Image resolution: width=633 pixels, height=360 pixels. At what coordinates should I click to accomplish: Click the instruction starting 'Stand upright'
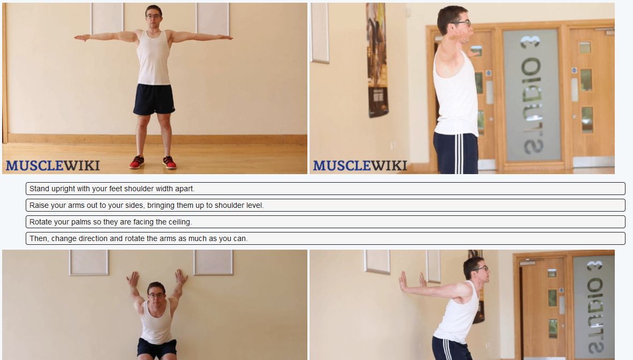coord(325,189)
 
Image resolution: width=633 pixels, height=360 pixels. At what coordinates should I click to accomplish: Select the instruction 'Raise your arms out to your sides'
coord(325,205)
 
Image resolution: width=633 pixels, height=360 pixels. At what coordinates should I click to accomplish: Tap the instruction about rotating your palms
coord(325,222)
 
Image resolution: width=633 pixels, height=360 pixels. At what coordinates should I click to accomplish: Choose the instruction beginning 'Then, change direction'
coord(325,238)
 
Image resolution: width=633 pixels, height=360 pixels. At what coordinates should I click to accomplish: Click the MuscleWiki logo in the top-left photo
coord(52,165)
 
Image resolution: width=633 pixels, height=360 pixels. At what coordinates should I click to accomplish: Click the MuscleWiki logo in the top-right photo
coord(360,165)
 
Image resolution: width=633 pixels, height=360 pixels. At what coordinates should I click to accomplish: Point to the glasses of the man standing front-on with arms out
coord(154,17)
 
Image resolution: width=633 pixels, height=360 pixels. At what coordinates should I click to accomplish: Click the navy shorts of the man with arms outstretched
coord(154,99)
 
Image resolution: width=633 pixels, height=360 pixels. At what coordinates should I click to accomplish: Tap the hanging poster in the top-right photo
coord(377,59)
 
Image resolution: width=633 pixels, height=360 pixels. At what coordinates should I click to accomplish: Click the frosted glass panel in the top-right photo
coord(531,94)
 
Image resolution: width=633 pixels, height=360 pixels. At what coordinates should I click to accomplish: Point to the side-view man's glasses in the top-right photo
coord(462,24)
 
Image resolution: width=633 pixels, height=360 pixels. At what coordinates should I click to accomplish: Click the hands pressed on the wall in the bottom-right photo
coord(411,280)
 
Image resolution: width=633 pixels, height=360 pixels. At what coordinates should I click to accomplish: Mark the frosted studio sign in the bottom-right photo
coord(593,305)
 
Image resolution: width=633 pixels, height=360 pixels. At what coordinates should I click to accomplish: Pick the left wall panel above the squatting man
coord(89,262)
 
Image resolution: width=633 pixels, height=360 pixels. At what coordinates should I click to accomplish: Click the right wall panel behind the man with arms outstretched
coord(213,19)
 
